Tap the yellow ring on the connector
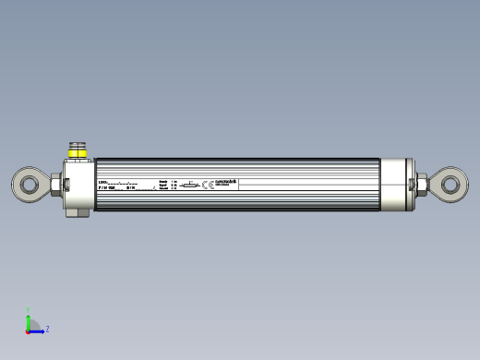(77, 151)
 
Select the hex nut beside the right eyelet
(421, 185)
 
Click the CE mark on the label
(208, 186)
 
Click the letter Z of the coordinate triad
(47, 329)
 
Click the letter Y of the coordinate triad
(29, 309)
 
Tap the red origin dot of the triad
(29, 330)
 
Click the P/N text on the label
(103, 187)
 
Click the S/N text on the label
(130, 187)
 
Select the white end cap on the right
(397, 185)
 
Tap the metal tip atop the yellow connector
(77, 144)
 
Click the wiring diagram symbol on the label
(189, 186)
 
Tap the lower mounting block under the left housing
(76, 213)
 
